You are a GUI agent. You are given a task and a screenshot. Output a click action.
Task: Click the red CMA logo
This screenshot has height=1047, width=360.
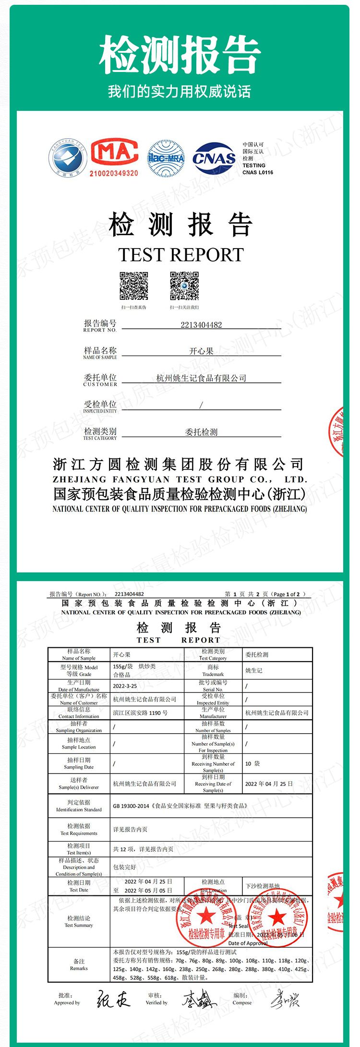click(114, 153)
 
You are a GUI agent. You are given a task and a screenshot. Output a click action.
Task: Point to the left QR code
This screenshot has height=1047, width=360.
click(134, 286)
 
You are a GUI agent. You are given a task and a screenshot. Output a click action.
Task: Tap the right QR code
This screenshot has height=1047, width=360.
click(184, 286)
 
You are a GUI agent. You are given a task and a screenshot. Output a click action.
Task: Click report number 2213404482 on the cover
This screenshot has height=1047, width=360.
click(201, 325)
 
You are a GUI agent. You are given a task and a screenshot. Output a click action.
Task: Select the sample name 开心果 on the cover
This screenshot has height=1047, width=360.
click(201, 351)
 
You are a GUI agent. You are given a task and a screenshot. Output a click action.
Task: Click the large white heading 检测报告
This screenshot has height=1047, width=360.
click(180, 54)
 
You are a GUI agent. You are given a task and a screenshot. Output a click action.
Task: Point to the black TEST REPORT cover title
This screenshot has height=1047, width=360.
click(181, 254)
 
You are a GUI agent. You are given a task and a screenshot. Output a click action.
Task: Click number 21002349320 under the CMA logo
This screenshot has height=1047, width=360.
click(114, 173)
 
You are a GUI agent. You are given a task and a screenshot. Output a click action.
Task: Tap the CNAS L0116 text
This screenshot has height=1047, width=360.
click(258, 172)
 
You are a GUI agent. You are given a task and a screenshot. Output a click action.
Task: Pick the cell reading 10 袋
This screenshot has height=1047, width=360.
click(252, 763)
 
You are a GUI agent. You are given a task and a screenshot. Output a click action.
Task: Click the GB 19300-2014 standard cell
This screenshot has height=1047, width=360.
click(180, 806)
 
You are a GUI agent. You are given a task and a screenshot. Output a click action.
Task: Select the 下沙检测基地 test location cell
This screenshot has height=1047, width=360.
click(262, 886)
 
